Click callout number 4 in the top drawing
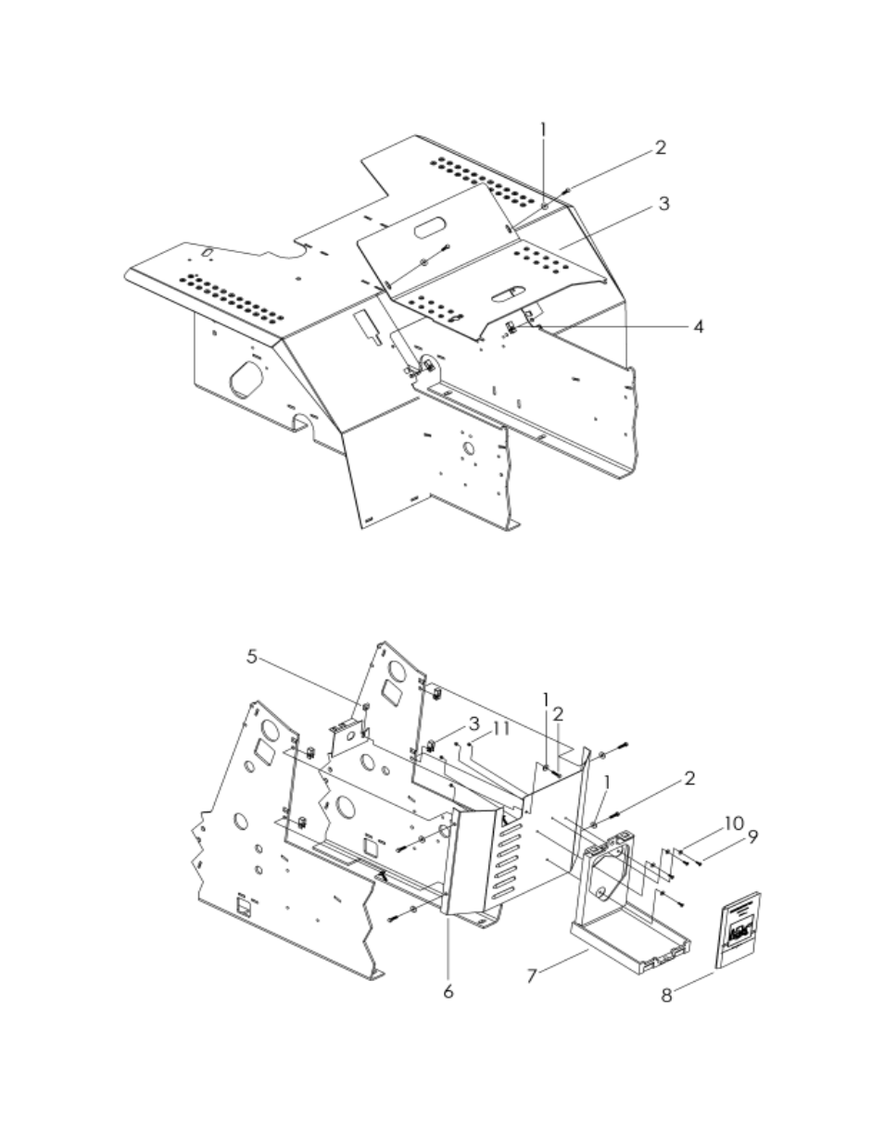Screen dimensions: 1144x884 [699, 327]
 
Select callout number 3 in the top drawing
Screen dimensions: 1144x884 [663, 204]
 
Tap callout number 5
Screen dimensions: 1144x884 [252, 657]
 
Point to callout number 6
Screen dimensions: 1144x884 [448, 991]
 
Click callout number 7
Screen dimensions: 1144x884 [533, 975]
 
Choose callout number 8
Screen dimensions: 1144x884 [667, 996]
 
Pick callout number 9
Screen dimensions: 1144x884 [753, 836]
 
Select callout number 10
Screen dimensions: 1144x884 [733, 823]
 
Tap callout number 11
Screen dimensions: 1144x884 [501, 729]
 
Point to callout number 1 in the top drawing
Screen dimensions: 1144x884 [544, 131]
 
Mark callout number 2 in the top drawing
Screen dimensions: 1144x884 [660, 147]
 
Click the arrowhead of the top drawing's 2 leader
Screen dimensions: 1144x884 [565, 191]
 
